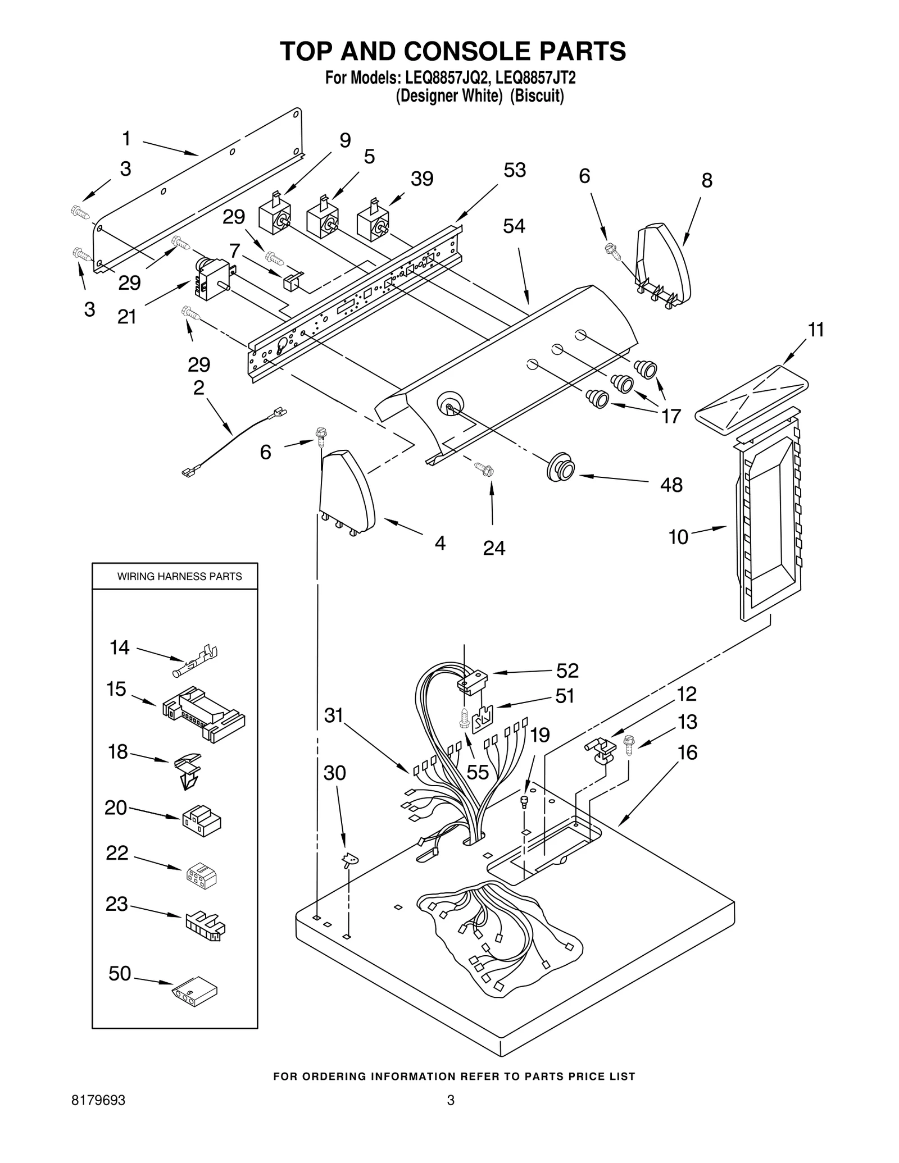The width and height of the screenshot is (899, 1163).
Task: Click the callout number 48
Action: pyautogui.click(x=671, y=484)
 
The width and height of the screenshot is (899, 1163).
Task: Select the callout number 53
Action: pyautogui.click(x=514, y=170)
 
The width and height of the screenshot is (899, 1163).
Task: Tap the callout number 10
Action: pyautogui.click(x=678, y=537)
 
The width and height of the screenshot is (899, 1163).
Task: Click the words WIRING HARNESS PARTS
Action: pyautogui.click(x=179, y=576)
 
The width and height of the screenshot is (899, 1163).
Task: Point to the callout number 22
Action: pyautogui.click(x=117, y=852)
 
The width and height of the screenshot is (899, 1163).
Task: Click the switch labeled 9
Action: pyautogui.click(x=275, y=218)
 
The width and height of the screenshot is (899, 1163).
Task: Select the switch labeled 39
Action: pyautogui.click(x=373, y=223)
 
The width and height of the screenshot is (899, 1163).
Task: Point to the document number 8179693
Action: pyautogui.click(x=98, y=1116)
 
